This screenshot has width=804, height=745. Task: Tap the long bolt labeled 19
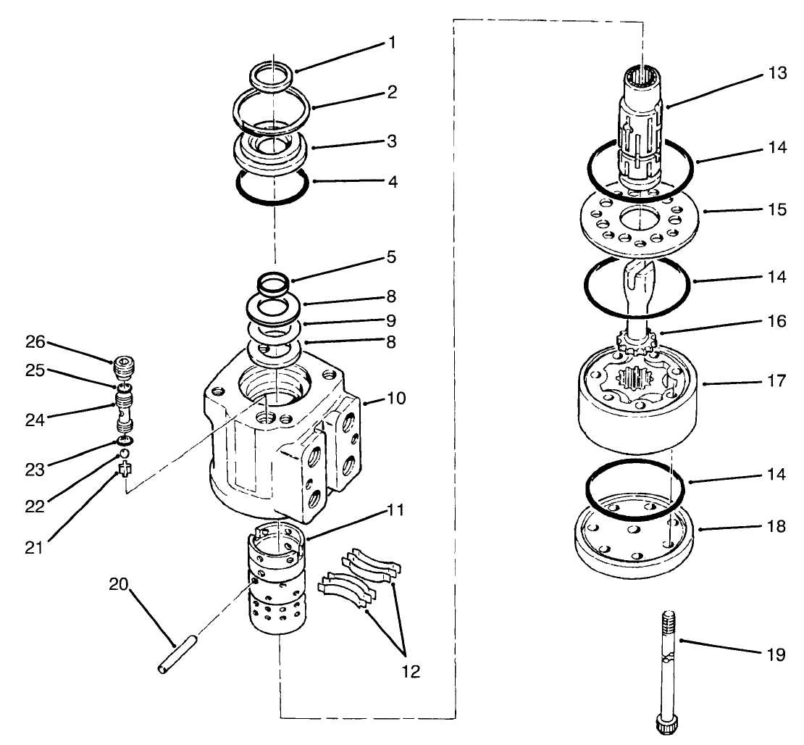pyautogui.click(x=669, y=667)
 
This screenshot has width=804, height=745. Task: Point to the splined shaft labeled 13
pyautogui.click(x=642, y=130)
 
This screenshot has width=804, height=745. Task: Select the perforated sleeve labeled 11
pyautogui.click(x=280, y=580)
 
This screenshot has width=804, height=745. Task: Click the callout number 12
pyautogui.click(x=411, y=671)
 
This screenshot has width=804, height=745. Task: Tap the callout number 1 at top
pyautogui.click(x=392, y=43)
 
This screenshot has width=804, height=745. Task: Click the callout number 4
pyautogui.click(x=392, y=180)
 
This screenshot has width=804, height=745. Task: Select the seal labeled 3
pyautogui.click(x=272, y=151)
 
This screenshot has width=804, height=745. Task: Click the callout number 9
pyautogui.click(x=392, y=319)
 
